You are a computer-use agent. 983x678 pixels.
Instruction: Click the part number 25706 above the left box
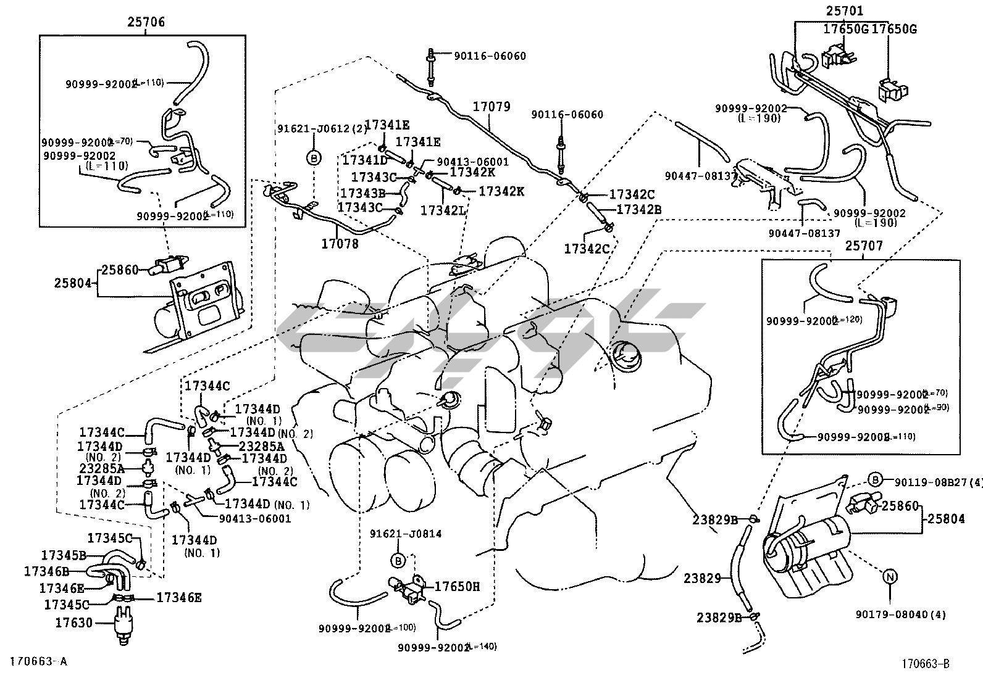pyautogui.click(x=146, y=23)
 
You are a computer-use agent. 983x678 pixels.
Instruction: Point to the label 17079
pyautogui.click(x=491, y=107)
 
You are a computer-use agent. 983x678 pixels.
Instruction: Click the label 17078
pyautogui.click(x=340, y=244)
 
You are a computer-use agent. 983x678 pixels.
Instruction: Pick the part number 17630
pyautogui.click(x=73, y=622)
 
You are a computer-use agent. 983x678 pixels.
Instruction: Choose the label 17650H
pyautogui.click(x=458, y=586)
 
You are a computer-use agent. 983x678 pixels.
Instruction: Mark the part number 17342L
pyautogui.click(x=443, y=210)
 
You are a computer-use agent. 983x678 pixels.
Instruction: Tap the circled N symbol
pyautogui.click(x=890, y=577)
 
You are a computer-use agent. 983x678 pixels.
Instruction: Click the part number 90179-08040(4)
pyautogui.click(x=900, y=614)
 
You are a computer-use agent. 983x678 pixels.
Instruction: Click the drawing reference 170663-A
pyautogui.click(x=35, y=662)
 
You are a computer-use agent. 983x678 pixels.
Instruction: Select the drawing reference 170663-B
pyautogui.click(x=924, y=664)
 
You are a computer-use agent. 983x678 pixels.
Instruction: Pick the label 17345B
pyautogui.click(x=64, y=555)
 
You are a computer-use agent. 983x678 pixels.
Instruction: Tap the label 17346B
pyautogui.click(x=46, y=571)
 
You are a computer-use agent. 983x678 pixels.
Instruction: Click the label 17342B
pyautogui.click(x=639, y=209)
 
